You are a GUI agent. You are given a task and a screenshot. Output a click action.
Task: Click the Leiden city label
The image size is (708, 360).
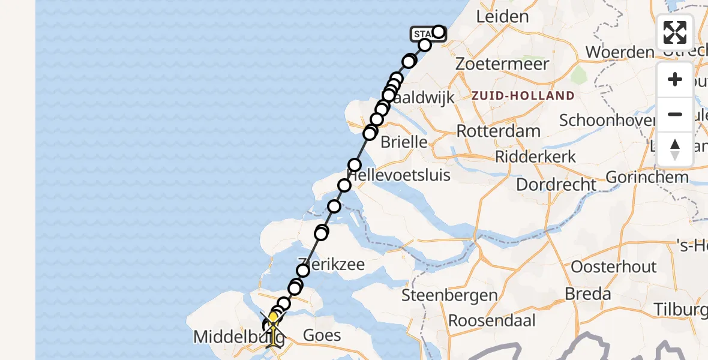[502, 17]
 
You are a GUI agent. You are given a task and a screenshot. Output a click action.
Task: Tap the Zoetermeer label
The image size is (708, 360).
[502, 64]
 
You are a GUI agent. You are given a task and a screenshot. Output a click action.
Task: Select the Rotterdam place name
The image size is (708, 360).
[498, 131]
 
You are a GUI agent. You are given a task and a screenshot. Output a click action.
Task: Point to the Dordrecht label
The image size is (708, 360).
[556, 184]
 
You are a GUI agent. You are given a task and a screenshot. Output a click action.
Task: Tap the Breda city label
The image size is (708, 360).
[588, 294]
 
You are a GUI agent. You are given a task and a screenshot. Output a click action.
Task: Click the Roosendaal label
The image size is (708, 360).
[492, 320]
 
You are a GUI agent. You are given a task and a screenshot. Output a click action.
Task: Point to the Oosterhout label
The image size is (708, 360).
[614, 266]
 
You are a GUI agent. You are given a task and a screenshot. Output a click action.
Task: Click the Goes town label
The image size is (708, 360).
[323, 335]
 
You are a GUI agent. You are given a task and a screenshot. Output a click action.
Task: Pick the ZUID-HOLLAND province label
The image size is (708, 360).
[523, 96]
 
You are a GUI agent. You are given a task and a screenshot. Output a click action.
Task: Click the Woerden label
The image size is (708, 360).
[619, 52]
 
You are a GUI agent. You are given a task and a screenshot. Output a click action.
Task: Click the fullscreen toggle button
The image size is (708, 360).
[675, 32]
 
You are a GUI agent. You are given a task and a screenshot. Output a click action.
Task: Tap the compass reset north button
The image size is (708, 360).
[675, 149]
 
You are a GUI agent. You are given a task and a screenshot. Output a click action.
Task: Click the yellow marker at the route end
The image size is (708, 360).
[273, 318]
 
